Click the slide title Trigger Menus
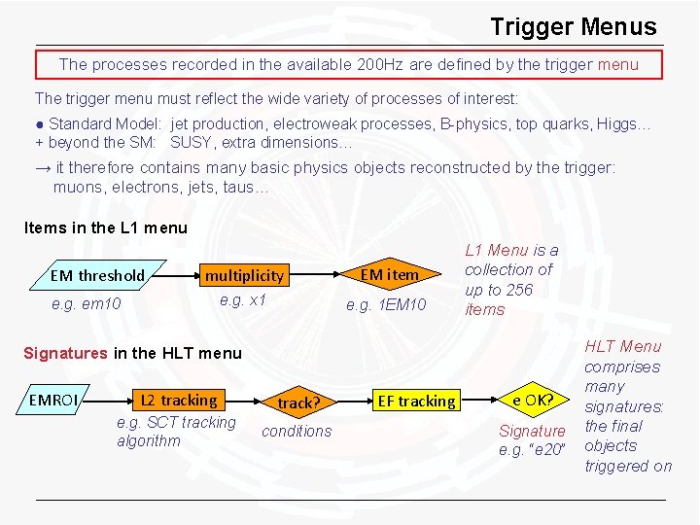pyautogui.click(x=573, y=27)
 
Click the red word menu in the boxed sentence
pyautogui.click(x=618, y=64)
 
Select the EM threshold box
pyautogui.click(x=97, y=275)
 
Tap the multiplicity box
pyautogui.click(x=244, y=276)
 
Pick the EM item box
pyautogui.click(x=389, y=274)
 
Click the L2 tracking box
pyautogui.click(x=178, y=400)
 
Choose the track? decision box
pyautogui.click(x=297, y=402)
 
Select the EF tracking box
pyautogui.click(x=416, y=401)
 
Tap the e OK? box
pyautogui.click(x=533, y=399)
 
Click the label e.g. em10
pyautogui.click(x=87, y=304)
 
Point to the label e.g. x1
pyautogui.click(x=242, y=299)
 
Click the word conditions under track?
pyautogui.click(x=297, y=431)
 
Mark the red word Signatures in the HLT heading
pyautogui.click(x=66, y=353)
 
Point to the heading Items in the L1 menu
pyautogui.click(x=105, y=228)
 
